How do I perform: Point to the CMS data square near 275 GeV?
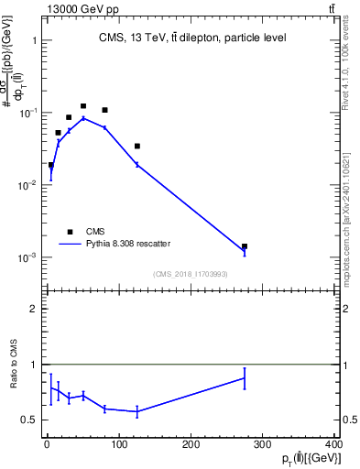pos(245,246)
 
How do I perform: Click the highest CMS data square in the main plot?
pos(83,106)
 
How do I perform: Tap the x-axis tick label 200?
pos(191,444)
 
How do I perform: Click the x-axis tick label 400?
pos(333,444)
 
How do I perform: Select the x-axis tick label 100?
pos(118,444)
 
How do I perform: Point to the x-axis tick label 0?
pos(47,444)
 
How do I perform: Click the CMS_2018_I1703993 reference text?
pos(191,274)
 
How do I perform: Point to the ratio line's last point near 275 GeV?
pos(245,377)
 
